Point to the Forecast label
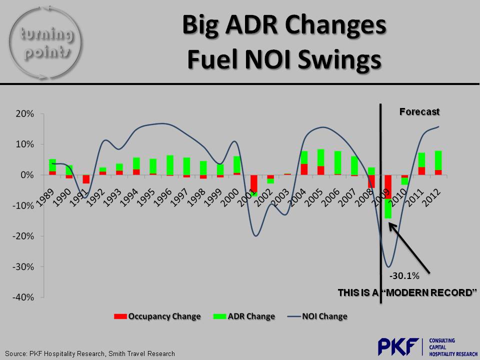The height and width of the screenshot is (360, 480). [419, 112]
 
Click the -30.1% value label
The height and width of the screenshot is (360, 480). [404, 275]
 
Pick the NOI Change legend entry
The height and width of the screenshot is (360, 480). [317, 316]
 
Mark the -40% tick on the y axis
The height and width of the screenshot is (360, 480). [22, 297]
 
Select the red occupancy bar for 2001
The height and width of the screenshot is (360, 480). [254, 183]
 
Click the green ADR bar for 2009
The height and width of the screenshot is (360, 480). [388, 208]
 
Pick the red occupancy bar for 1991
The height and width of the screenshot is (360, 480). [86, 179]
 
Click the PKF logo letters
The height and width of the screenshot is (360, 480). [399, 346]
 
